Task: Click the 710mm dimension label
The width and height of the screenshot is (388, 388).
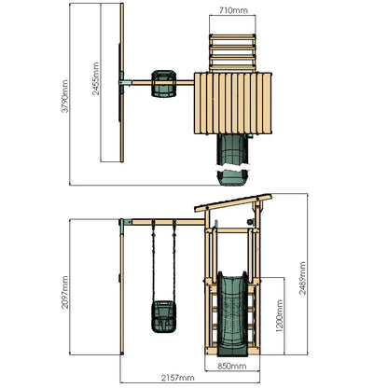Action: pos(233,10)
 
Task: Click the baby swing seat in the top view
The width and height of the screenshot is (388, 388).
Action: pos(165,83)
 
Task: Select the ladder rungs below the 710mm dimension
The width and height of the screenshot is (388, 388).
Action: pos(233,49)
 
